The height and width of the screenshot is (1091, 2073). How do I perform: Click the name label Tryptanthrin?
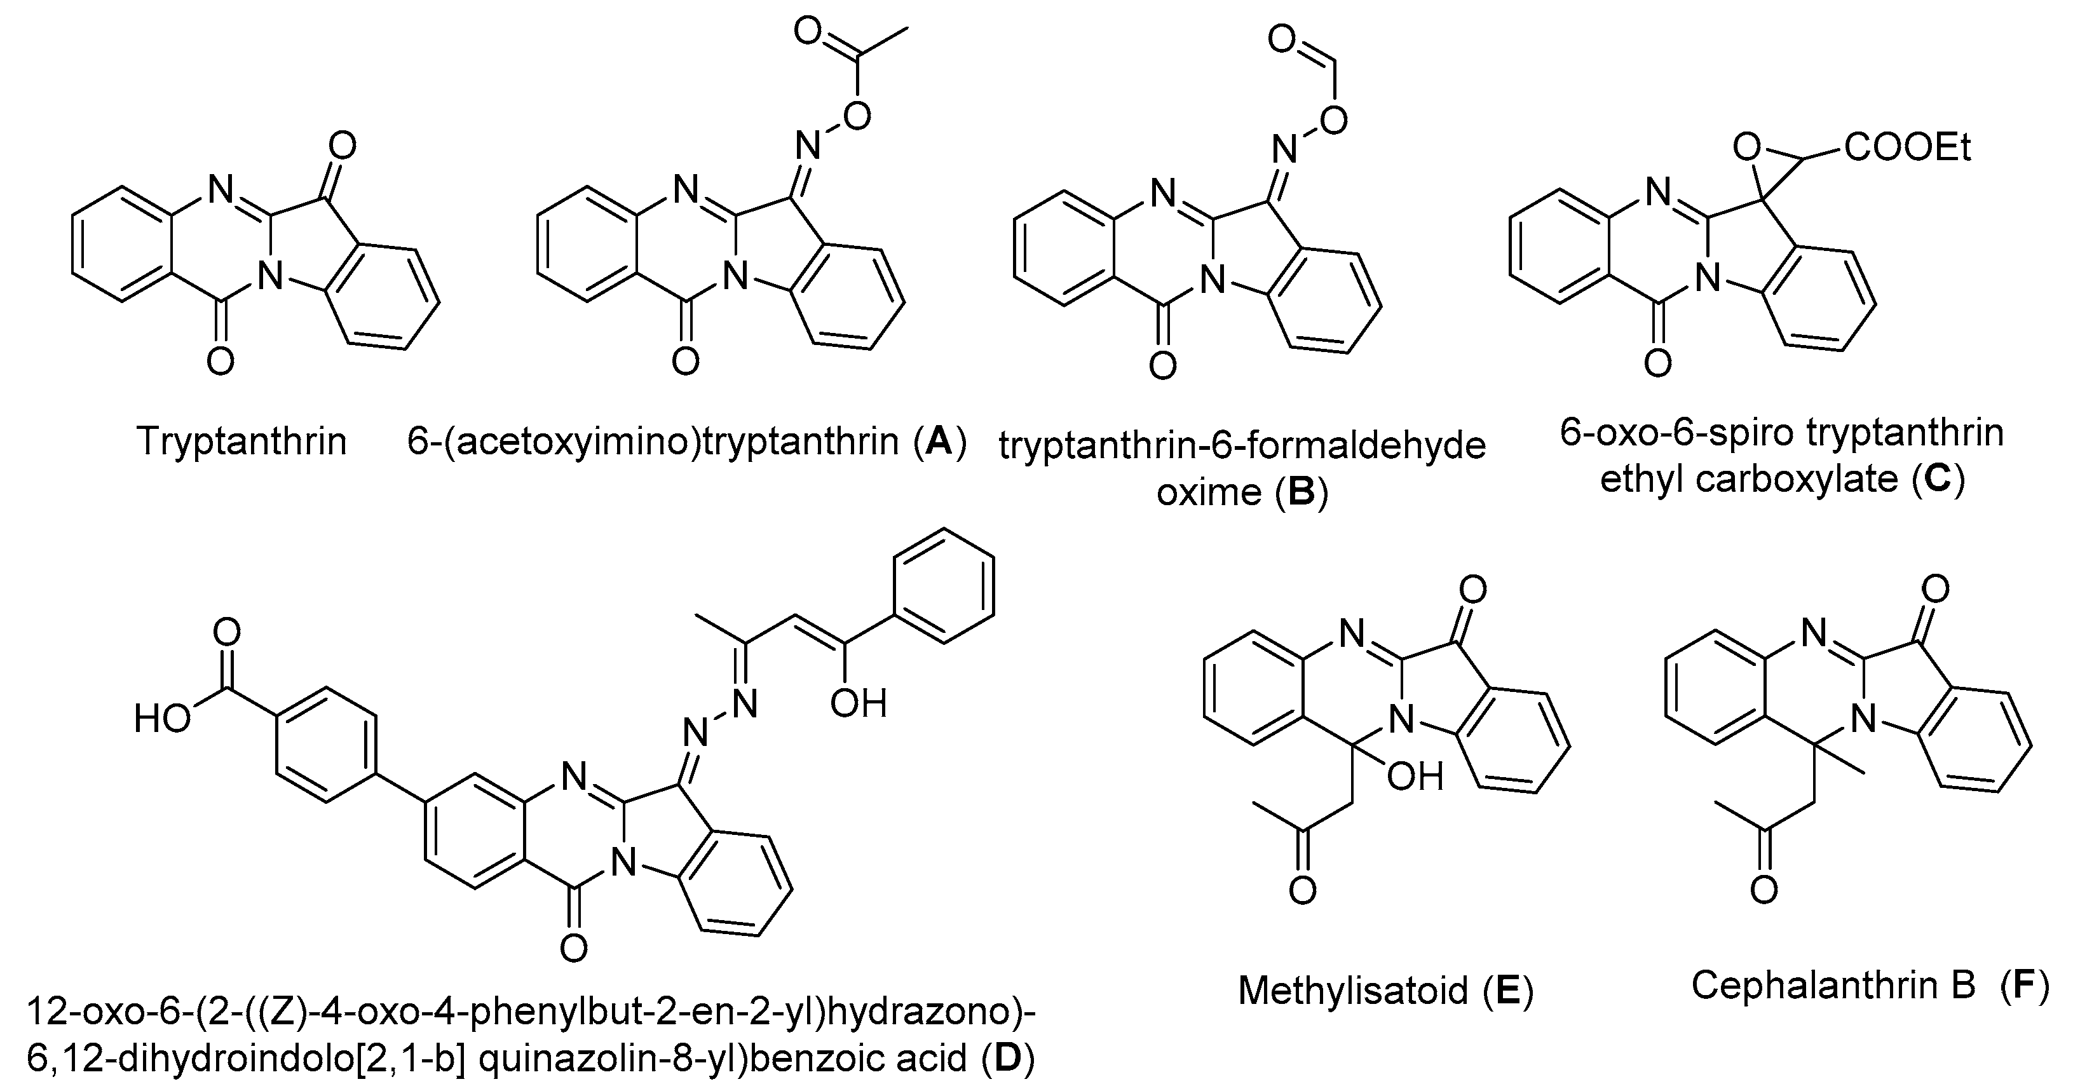click(242, 441)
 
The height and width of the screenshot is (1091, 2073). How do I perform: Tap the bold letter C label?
click(1937, 478)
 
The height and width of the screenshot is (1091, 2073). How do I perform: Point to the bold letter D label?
click(1007, 1058)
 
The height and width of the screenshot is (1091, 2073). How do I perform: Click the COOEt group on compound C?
click(1907, 148)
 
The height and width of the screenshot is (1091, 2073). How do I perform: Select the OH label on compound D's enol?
click(858, 703)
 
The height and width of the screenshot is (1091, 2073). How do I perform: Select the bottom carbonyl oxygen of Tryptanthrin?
click(220, 362)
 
